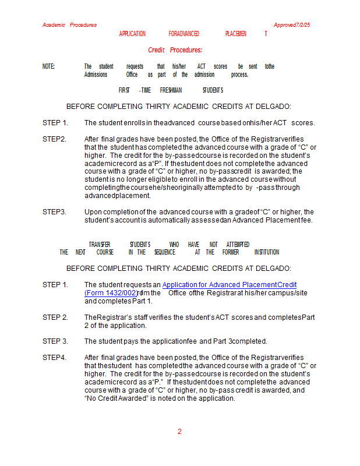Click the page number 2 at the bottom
point(179,432)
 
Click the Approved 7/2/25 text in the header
point(292,25)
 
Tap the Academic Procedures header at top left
point(69,25)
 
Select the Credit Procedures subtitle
point(175,50)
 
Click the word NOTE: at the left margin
point(49,67)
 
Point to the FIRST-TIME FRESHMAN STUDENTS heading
point(171,90)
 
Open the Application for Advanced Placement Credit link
point(230,285)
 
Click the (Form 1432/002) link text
point(111,293)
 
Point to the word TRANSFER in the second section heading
point(100,244)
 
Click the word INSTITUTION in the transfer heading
point(266,252)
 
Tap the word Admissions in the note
point(96,75)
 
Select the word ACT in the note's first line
point(202,67)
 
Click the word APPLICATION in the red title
point(132,34)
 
